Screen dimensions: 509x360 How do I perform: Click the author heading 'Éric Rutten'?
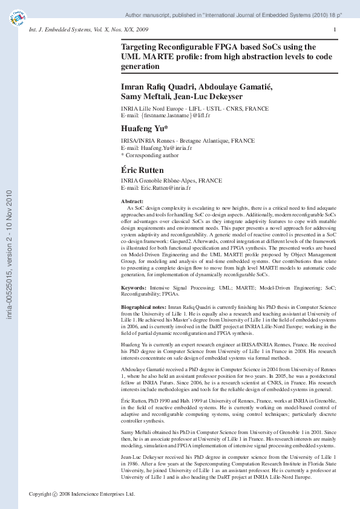click(x=142, y=170)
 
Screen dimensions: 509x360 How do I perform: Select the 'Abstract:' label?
click(x=133, y=201)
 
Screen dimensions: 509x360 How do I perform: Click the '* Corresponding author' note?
click(x=150, y=155)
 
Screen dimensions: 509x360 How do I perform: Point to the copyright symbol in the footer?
click(x=56, y=494)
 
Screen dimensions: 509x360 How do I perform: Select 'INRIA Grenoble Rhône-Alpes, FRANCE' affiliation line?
click(x=172, y=181)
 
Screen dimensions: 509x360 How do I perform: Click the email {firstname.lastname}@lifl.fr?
click(x=174, y=114)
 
